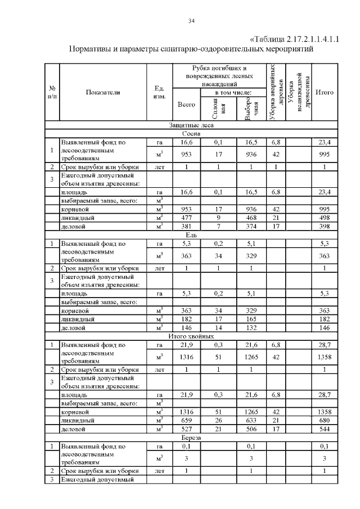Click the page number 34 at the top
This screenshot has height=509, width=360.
coord(191,21)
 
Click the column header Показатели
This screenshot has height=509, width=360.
coord(103,92)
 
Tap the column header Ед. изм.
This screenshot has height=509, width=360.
coord(159,92)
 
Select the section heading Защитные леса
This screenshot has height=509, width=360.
coord(191,126)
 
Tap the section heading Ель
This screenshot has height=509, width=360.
coord(191,235)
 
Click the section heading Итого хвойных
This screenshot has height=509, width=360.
coord(191,335)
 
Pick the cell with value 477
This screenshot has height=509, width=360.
coord(186,217)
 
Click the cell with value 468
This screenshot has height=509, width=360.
coord(251,217)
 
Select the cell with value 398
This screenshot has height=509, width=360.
coord(324,226)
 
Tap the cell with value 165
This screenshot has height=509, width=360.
coord(251,318)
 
